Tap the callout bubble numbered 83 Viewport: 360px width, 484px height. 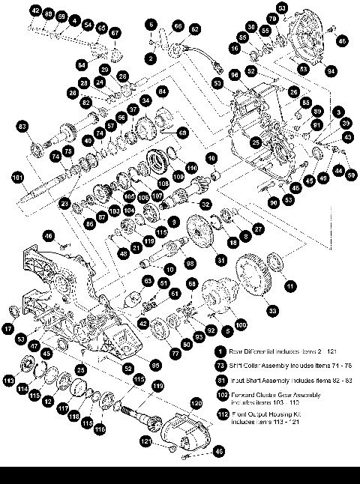click(x=22, y=127)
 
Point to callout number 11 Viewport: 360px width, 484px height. click(x=289, y=285)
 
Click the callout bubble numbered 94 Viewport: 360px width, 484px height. click(x=330, y=71)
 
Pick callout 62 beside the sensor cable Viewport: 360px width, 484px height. click(x=195, y=29)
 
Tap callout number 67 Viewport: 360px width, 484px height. click(x=115, y=33)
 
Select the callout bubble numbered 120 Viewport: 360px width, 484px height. click(x=196, y=403)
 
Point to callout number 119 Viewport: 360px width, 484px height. click(x=157, y=386)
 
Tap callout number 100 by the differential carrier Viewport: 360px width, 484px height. click(x=241, y=326)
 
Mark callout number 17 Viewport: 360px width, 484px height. click(x=8, y=328)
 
